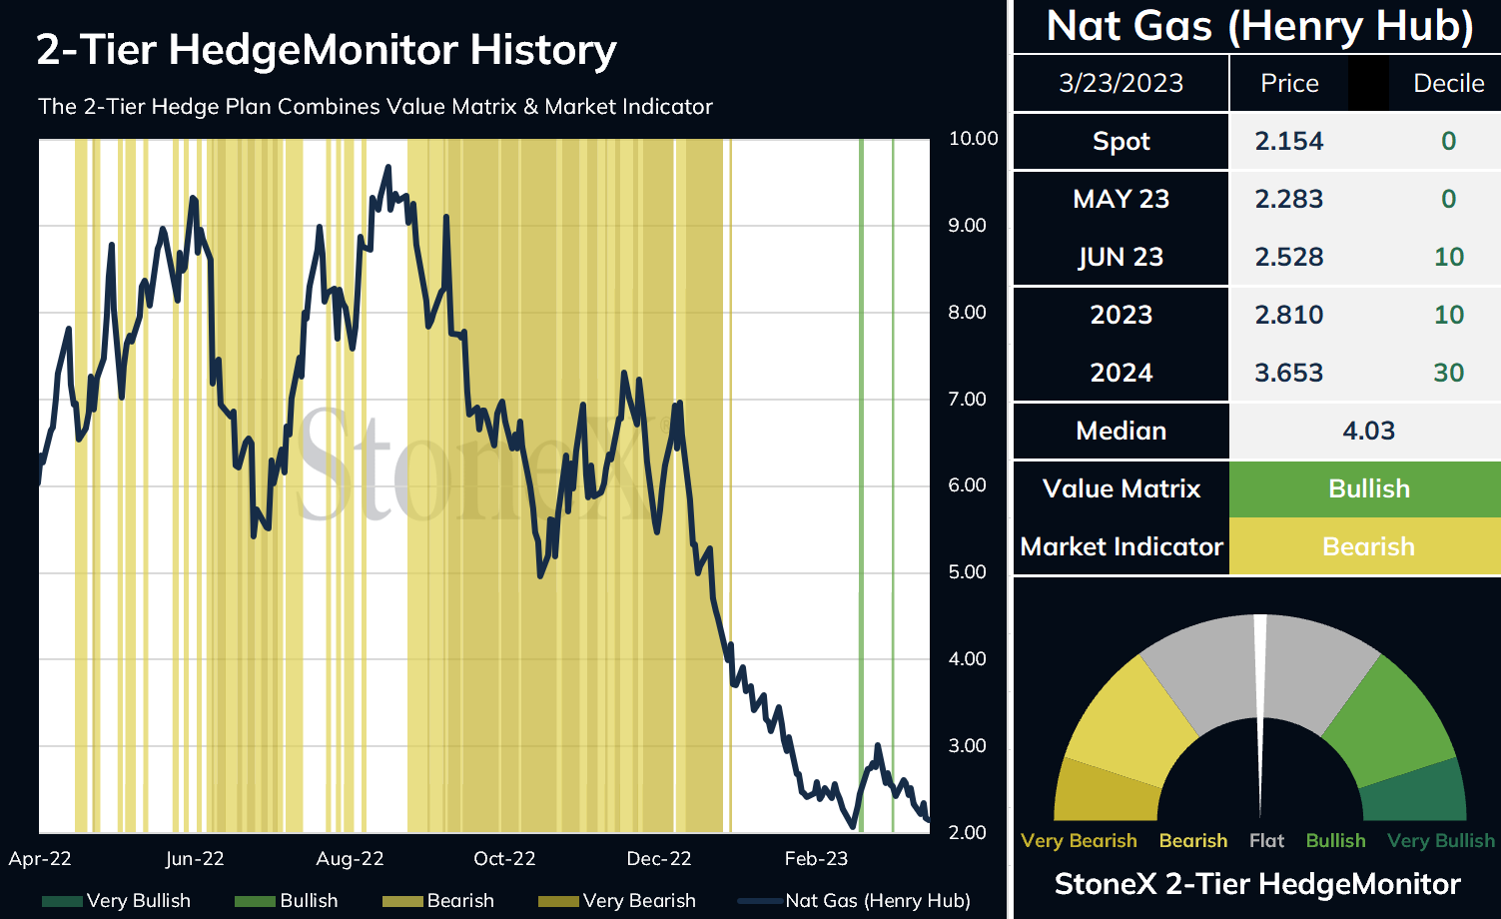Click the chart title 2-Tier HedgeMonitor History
[x=327, y=50]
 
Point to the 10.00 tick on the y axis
[x=973, y=139]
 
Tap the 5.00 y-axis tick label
[x=967, y=572]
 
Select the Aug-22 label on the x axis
[x=350, y=859]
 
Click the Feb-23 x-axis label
[x=816, y=859]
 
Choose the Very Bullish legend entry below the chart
[x=117, y=901]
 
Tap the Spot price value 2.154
[x=1288, y=142]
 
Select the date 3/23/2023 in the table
[x=1121, y=83]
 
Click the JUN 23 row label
[x=1121, y=258]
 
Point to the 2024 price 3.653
[x=1288, y=374]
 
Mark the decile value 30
[x=1448, y=374]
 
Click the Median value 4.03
[x=1368, y=432]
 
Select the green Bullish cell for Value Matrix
[x=1368, y=489]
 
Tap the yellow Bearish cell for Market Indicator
[x=1368, y=547]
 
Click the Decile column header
[x=1448, y=83]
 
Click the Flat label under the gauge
[x=1266, y=841]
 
